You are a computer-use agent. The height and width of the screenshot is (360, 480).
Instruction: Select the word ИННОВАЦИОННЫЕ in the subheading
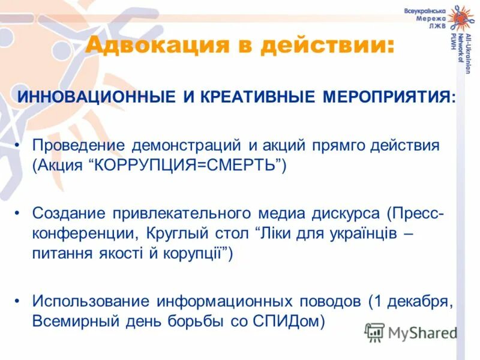coord(96,97)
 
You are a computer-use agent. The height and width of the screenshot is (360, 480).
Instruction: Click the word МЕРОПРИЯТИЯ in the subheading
coord(389,97)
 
